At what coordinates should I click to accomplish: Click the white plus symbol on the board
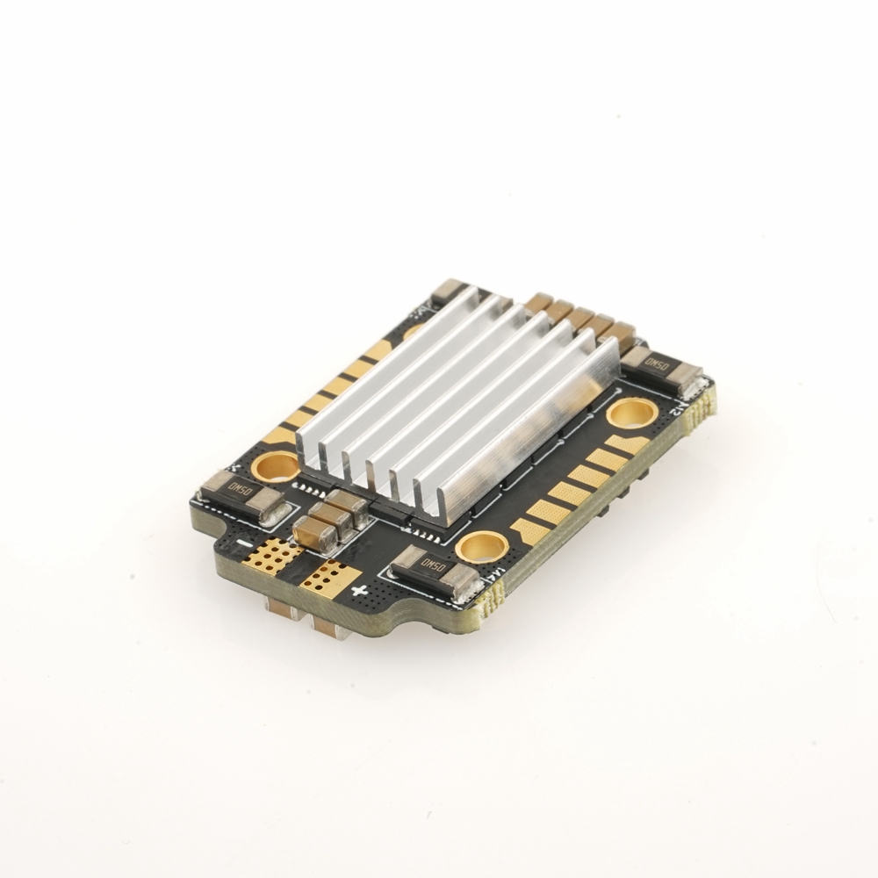358,590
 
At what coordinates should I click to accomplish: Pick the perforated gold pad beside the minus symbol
276,554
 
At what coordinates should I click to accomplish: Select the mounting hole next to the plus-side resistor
480,546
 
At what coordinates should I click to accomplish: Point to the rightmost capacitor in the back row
620,334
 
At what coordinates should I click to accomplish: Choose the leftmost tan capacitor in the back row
539,302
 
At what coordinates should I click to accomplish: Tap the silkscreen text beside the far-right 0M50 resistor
678,406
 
